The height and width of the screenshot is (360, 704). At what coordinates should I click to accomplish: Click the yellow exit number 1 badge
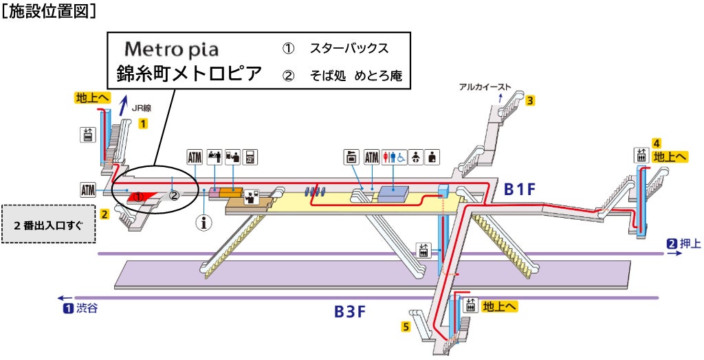[143, 124]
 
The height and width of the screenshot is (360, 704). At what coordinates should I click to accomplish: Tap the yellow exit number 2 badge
[104, 214]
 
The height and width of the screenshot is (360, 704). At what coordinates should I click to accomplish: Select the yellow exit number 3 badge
[530, 101]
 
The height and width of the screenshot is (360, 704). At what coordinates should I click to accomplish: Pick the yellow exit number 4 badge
[657, 143]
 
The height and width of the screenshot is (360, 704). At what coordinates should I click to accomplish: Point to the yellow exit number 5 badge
[406, 326]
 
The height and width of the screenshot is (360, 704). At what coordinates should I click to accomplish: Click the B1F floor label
[520, 189]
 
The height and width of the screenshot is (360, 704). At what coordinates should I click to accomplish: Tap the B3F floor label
[350, 311]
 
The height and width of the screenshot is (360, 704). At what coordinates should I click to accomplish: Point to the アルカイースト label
[485, 87]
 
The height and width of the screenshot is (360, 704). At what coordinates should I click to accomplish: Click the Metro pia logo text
[171, 50]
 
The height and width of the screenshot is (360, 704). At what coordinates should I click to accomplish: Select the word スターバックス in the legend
[349, 49]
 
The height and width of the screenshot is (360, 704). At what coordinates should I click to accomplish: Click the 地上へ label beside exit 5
[499, 306]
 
